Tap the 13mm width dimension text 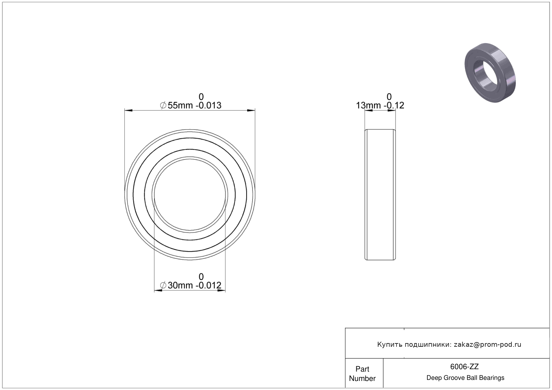click(x=368, y=105)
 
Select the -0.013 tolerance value click(x=208, y=105)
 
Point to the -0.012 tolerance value click(x=208, y=285)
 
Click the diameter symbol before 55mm click(x=163, y=105)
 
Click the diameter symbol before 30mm click(x=163, y=285)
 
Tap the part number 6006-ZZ click(x=464, y=367)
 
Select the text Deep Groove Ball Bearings click(x=465, y=378)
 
